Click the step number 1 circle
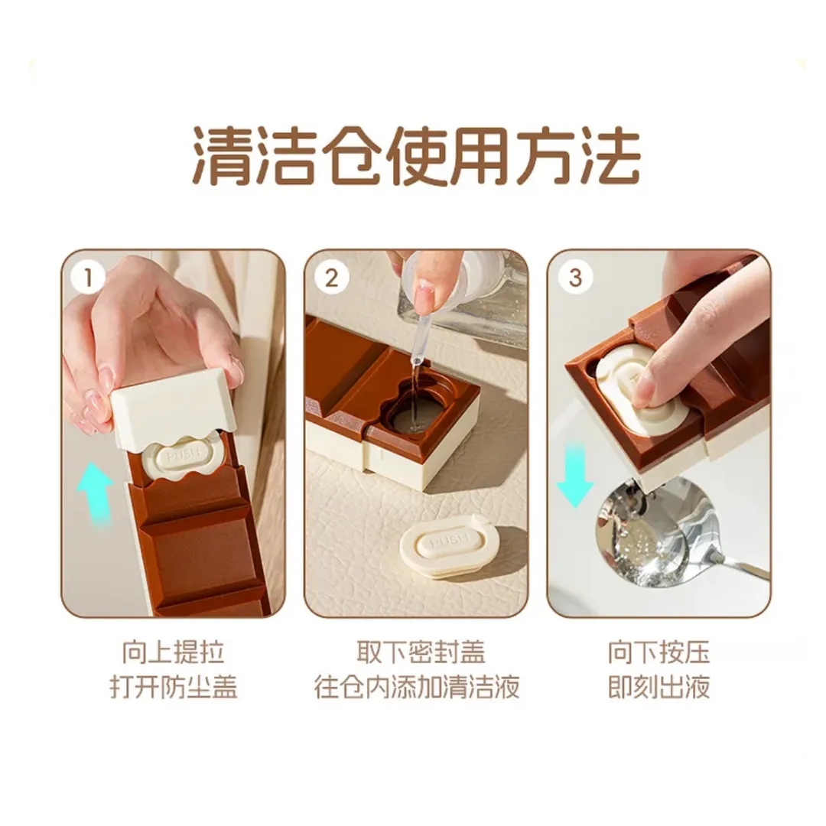pos(89,278)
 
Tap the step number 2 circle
pos(331,278)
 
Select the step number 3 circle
pos(575,278)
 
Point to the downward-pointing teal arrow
pos(575,475)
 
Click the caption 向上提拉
pos(174,652)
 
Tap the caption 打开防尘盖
pos(174,687)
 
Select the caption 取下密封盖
pos(421,652)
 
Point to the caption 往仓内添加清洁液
pos(418,687)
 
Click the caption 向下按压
pos(659,652)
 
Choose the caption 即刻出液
pos(659,687)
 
